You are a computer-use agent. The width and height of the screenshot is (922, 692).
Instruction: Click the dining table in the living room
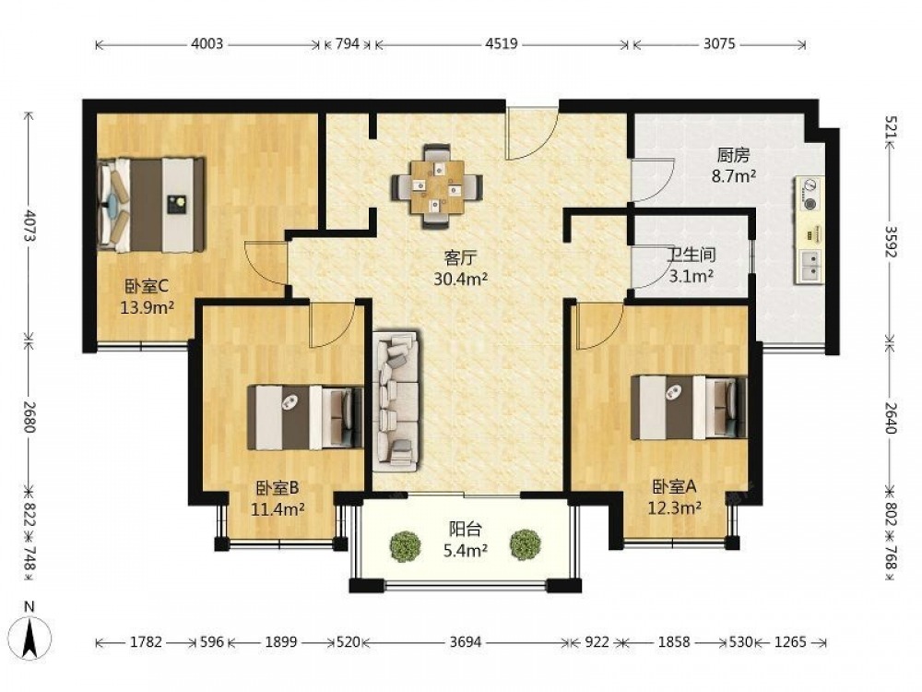[437, 186]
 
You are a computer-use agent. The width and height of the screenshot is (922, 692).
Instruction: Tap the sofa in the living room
[396, 400]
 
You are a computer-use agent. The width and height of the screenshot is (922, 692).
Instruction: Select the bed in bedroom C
[151, 205]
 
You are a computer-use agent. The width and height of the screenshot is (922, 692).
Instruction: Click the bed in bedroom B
[305, 417]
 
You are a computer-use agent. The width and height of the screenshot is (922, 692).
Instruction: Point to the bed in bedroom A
[689, 408]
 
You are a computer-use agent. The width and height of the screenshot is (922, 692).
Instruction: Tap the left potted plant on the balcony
[405, 545]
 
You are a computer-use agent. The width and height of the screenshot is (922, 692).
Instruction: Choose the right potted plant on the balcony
[526, 545]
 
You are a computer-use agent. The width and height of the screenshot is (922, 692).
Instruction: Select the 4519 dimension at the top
[502, 43]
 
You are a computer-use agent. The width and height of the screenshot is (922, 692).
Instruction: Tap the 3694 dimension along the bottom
[465, 642]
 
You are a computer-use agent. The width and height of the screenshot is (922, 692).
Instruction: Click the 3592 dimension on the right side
[891, 241]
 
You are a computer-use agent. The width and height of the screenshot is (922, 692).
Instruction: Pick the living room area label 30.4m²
[460, 279]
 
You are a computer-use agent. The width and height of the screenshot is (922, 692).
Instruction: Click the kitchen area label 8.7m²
[734, 175]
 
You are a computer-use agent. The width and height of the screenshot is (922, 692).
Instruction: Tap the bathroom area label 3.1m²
[691, 275]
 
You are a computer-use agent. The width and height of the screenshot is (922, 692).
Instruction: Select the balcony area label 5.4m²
[465, 550]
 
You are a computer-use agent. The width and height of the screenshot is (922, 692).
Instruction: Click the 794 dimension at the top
[347, 43]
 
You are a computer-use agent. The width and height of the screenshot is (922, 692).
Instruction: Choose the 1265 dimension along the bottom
[790, 642]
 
